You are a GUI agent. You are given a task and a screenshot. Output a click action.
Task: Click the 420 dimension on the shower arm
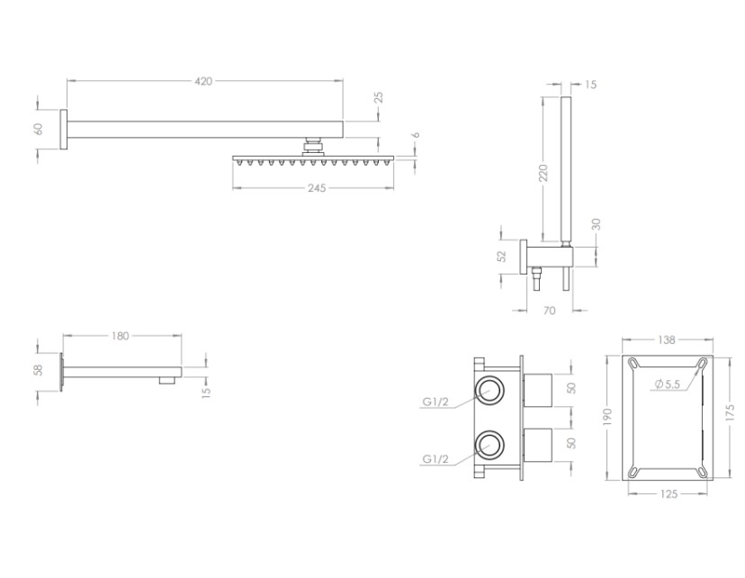pos(203,81)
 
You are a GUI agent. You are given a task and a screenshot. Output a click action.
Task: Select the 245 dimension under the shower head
pos(315,188)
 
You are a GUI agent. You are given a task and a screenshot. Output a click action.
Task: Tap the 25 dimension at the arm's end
pos(379,98)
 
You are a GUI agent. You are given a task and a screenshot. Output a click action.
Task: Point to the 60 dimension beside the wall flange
pos(39,128)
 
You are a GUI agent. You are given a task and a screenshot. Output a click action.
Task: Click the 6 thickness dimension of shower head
pos(416,135)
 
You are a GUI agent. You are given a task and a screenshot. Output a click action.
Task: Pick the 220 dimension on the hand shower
pos(544,173)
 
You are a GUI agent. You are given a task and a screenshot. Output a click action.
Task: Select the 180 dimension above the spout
pos(121,336)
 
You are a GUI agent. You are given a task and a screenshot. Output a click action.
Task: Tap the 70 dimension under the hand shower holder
pos(551,311)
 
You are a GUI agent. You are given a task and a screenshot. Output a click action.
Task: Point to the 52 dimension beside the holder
pos(504,256)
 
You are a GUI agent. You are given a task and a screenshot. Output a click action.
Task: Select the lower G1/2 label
pos(436,459)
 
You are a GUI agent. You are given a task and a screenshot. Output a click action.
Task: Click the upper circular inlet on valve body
pos(490,390)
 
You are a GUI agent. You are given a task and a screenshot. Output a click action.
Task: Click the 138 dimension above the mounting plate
pos(667,341)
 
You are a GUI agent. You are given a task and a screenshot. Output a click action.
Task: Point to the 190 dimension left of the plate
pos(608,416)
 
